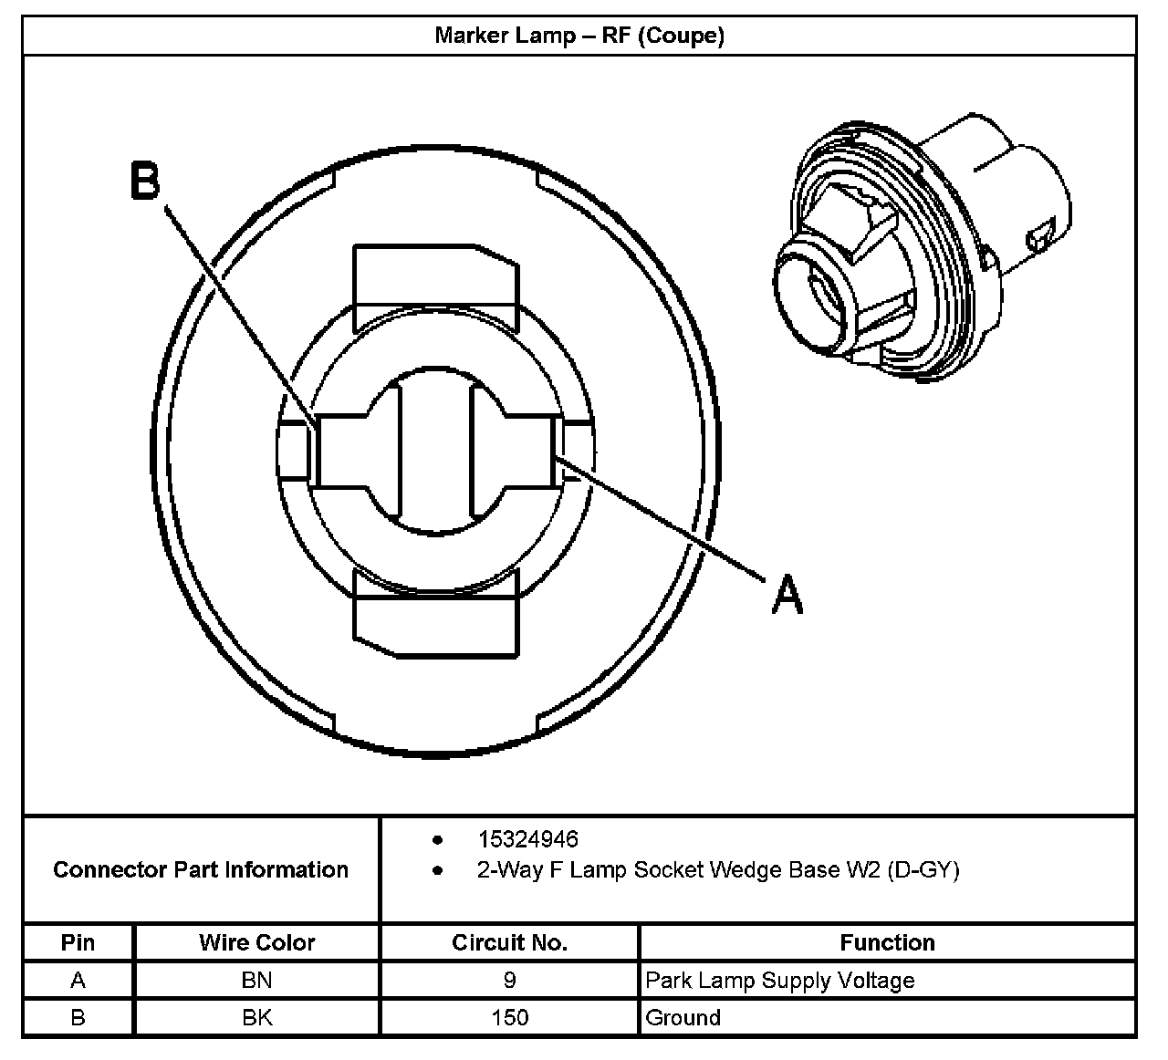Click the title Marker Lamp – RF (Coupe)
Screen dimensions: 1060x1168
point(579,36)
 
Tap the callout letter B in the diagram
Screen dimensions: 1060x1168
point(145,181)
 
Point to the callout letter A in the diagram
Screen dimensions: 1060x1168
point(787,595)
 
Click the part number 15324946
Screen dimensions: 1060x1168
point(527,838)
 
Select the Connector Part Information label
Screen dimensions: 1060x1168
point(201,869)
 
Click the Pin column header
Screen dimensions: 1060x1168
point(78,942)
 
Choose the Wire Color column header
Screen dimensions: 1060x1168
point(257,942)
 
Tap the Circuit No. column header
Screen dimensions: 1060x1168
point(509,942)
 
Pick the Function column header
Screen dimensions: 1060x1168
point(887,942)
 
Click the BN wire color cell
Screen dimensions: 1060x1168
point(257,981)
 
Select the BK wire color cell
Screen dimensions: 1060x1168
point(257,1017)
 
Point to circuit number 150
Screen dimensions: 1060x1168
point(509,1017)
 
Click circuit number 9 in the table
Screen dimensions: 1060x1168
point(509,981)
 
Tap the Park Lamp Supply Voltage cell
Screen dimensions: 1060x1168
point(780,981)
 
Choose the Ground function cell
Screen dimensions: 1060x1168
point(683,1017)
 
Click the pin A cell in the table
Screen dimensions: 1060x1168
point(78,981)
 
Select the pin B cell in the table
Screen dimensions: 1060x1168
point(78,1017)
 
